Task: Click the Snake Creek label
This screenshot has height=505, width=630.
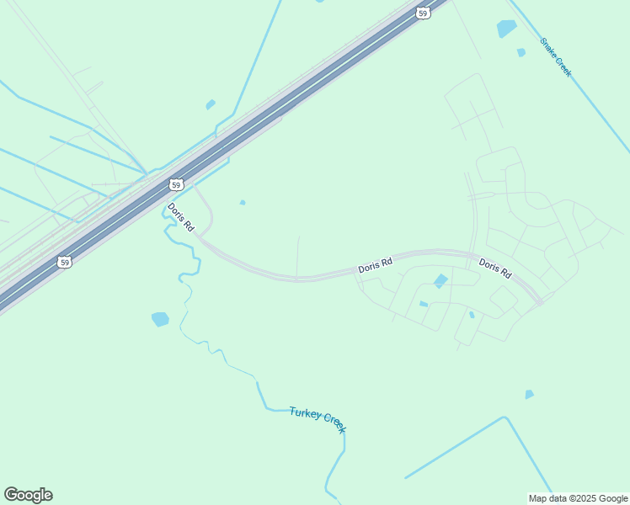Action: pos(556,56)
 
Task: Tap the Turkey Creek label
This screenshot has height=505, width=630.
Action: pos(318,419)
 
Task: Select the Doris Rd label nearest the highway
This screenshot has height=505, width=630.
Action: pos(181,217)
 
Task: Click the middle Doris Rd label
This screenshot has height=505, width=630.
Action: pos(376,265)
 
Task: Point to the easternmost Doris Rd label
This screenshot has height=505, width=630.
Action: pos(495,268)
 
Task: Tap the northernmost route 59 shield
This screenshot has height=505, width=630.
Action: pos(423,12)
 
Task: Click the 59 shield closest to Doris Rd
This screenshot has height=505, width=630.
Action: pos(175,184)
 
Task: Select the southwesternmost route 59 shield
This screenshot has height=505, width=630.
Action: pos(65,263)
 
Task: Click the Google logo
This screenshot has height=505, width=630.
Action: pos(28,495)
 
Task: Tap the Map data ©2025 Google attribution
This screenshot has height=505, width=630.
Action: pos(579,498)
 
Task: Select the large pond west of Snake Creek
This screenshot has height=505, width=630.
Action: pos(506,29)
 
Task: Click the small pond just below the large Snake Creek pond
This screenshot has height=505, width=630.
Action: pos(521,52)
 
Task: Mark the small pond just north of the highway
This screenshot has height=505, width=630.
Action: pos(211,104)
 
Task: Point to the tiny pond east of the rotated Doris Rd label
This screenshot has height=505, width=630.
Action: pos(243,202)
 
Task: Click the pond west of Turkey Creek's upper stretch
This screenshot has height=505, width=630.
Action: pos(160,319)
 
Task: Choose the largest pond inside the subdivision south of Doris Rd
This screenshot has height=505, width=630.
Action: pos(440,281)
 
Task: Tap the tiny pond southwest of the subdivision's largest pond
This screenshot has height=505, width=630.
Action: pos(424,304)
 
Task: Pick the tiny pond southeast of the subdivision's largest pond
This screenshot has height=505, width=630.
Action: pos(472,315)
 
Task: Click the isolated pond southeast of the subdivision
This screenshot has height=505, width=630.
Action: pos(529,394)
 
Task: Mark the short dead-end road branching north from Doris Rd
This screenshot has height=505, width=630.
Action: pos(297,257)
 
